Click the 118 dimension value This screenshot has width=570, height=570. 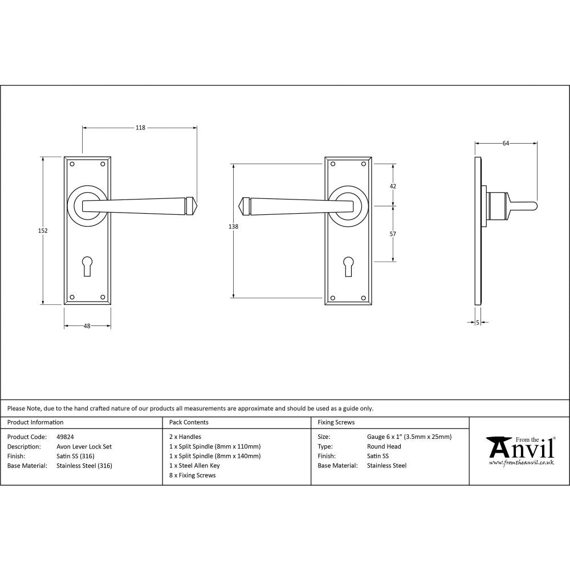point(140,128)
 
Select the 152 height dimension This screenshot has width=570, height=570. point(43,231)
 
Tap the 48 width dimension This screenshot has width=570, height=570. point(87,326)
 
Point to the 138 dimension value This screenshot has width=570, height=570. point(233,226)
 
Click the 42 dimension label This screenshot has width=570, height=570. point(392,186)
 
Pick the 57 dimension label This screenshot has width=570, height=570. point(392,234)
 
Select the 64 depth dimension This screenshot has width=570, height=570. point(505,143)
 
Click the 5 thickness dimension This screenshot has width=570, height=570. point(477,323)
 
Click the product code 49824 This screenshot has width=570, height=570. point(65,437)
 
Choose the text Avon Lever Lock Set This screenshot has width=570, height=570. point(84,447)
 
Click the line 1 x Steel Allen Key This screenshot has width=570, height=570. point(194,466)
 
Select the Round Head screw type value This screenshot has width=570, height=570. point(384,447)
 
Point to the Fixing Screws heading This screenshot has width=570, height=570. point(336,422)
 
